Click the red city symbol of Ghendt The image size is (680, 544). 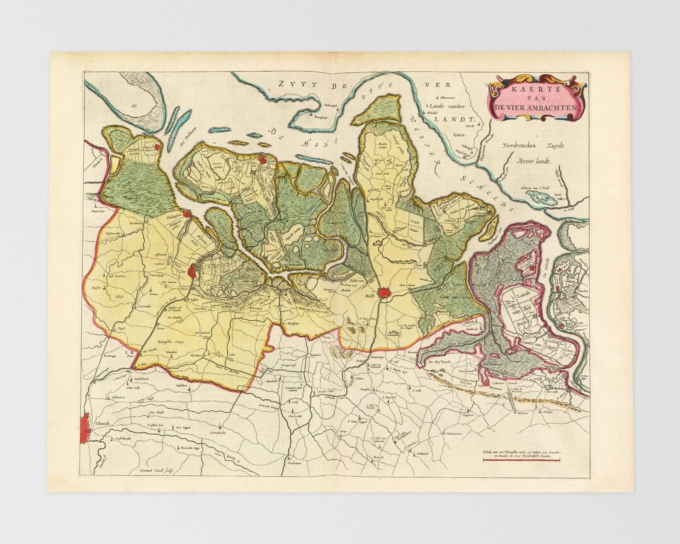pos(88,424)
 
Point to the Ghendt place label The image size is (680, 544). pos(104,422)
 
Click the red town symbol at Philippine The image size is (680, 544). pos(187,214)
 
